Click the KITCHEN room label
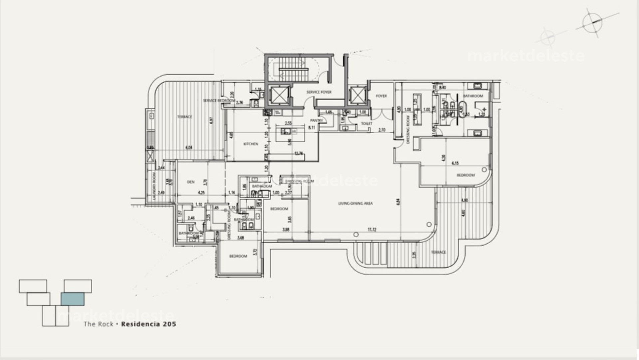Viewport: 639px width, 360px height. click(x=251, y=144)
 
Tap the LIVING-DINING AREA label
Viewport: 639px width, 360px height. click(x=355, y=203)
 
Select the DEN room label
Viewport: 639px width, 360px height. click(x=191, y=182)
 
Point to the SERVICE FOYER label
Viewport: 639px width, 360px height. click(x=319, y=92)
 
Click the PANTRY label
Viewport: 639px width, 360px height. click(x=317, y=121)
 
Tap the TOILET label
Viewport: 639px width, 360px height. click(x=367, y=123)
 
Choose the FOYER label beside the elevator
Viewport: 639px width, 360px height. click(x=381, y=96)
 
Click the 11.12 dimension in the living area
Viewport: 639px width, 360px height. click(x=372, y=230)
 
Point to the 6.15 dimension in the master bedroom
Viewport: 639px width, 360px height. click(x=455, y=163)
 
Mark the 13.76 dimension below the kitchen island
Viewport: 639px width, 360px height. click(x=299, y=154)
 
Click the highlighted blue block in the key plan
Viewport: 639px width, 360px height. click(x=72, y=299)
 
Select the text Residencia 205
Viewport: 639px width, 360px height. click(x=148, y=324)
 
